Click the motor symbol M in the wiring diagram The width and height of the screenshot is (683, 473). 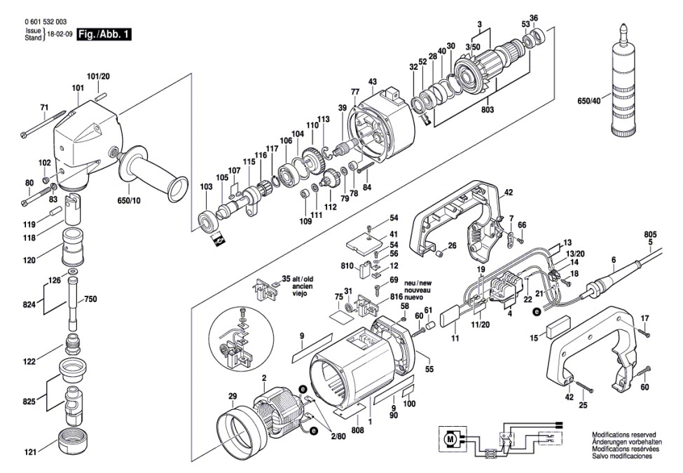coord(449,439)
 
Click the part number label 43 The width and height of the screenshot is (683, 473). coord(373,82)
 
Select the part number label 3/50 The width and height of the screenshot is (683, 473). coord(476,46)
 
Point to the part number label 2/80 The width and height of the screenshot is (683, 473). coord(338,437)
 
